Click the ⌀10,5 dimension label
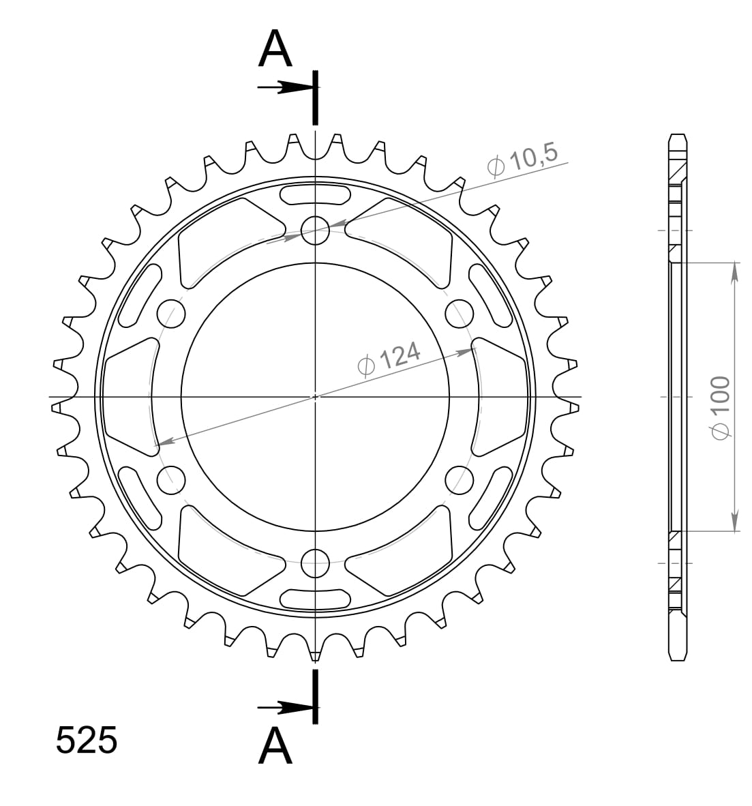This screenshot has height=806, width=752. (x=523, y=161)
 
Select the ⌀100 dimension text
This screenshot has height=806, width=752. (x=719, y=406)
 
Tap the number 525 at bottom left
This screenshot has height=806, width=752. (x=87, y=741)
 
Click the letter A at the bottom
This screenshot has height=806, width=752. (x=275, y=746)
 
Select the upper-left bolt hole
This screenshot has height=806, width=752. (x=171, y=313)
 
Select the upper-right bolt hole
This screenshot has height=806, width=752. (x=459, y=313)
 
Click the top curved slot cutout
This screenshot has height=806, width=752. (x=315, y=194)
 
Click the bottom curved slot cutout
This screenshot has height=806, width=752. (x=315, y=598)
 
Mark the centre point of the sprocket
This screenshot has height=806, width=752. (x=315, y=396)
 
